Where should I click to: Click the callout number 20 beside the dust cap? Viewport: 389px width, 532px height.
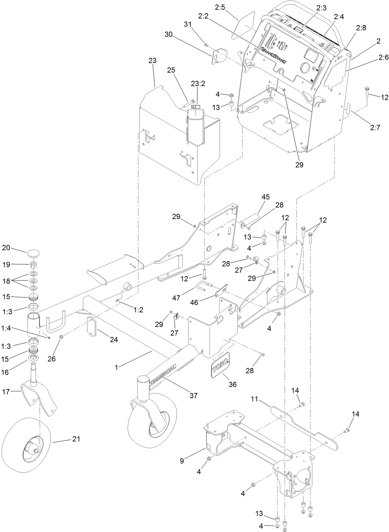coord(6,248)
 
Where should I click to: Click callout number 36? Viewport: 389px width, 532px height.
coord(233,384)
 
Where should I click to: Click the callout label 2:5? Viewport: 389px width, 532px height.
coord(220,7)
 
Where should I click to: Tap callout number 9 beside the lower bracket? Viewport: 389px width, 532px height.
coord(182,461)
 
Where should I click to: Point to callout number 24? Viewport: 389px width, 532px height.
coord(114,340)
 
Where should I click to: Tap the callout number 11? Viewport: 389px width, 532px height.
coord(255,399)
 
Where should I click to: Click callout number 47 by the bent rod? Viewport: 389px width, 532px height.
coord(176,297)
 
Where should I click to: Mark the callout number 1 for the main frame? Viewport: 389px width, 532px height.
coord(116,367)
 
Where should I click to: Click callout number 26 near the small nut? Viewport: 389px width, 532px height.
coord(51,359)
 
